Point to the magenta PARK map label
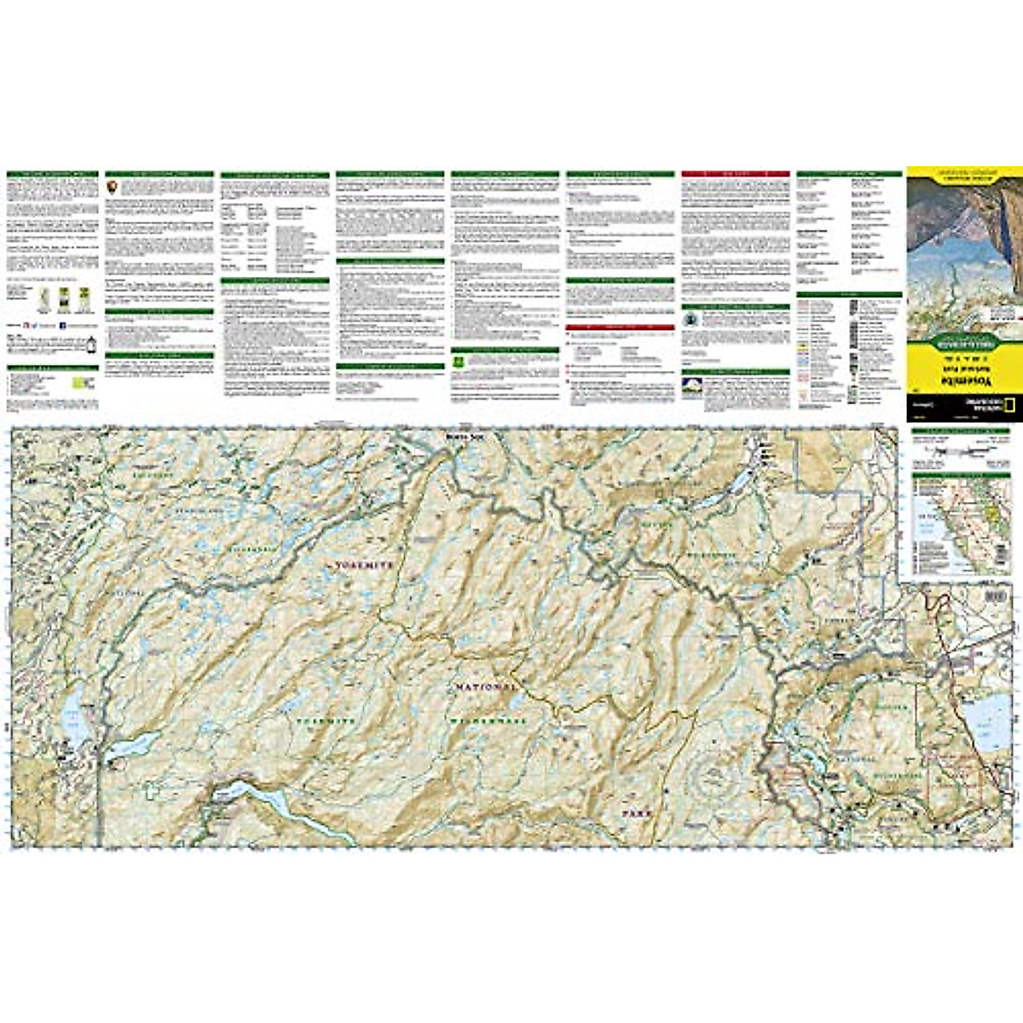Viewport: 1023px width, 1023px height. point(636,814)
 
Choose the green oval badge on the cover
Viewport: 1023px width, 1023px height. point(964,344)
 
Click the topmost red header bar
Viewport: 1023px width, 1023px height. point(735,173)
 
